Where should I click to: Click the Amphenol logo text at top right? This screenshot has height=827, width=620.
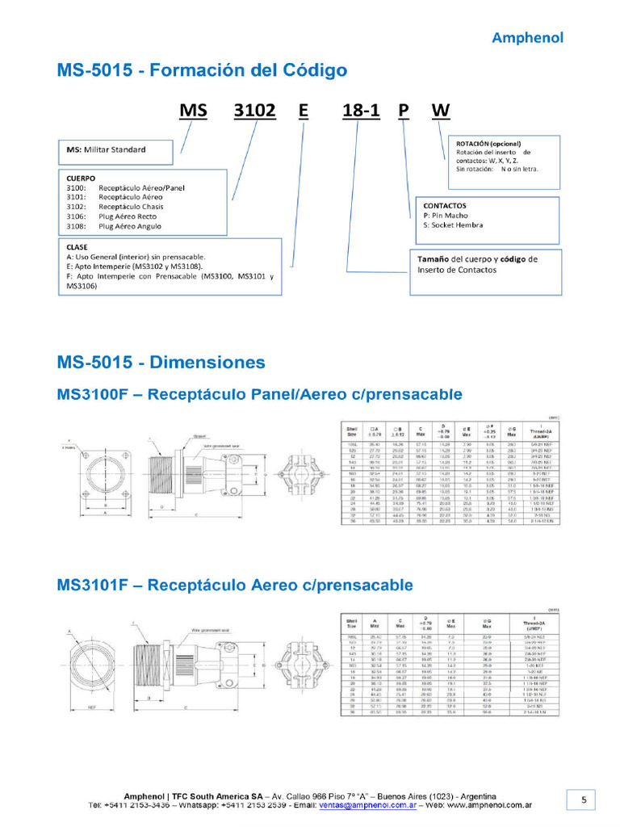528,37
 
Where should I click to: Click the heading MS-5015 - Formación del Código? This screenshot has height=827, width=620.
202,70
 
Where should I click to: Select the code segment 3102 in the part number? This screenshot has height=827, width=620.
254,110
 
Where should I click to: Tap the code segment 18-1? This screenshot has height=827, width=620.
361,110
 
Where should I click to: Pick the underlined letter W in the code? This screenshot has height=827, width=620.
441,110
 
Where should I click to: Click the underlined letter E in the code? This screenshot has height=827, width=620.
303,110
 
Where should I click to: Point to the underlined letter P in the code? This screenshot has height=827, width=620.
404,110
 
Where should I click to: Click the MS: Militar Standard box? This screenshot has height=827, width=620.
115,150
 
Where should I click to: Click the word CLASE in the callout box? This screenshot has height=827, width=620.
78,247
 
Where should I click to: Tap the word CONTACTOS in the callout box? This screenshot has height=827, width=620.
445,206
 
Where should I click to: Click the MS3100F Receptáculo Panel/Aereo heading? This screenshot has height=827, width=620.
259,395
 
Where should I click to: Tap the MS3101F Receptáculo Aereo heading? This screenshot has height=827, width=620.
235,584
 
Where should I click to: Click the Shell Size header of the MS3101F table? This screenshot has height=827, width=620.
351,619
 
